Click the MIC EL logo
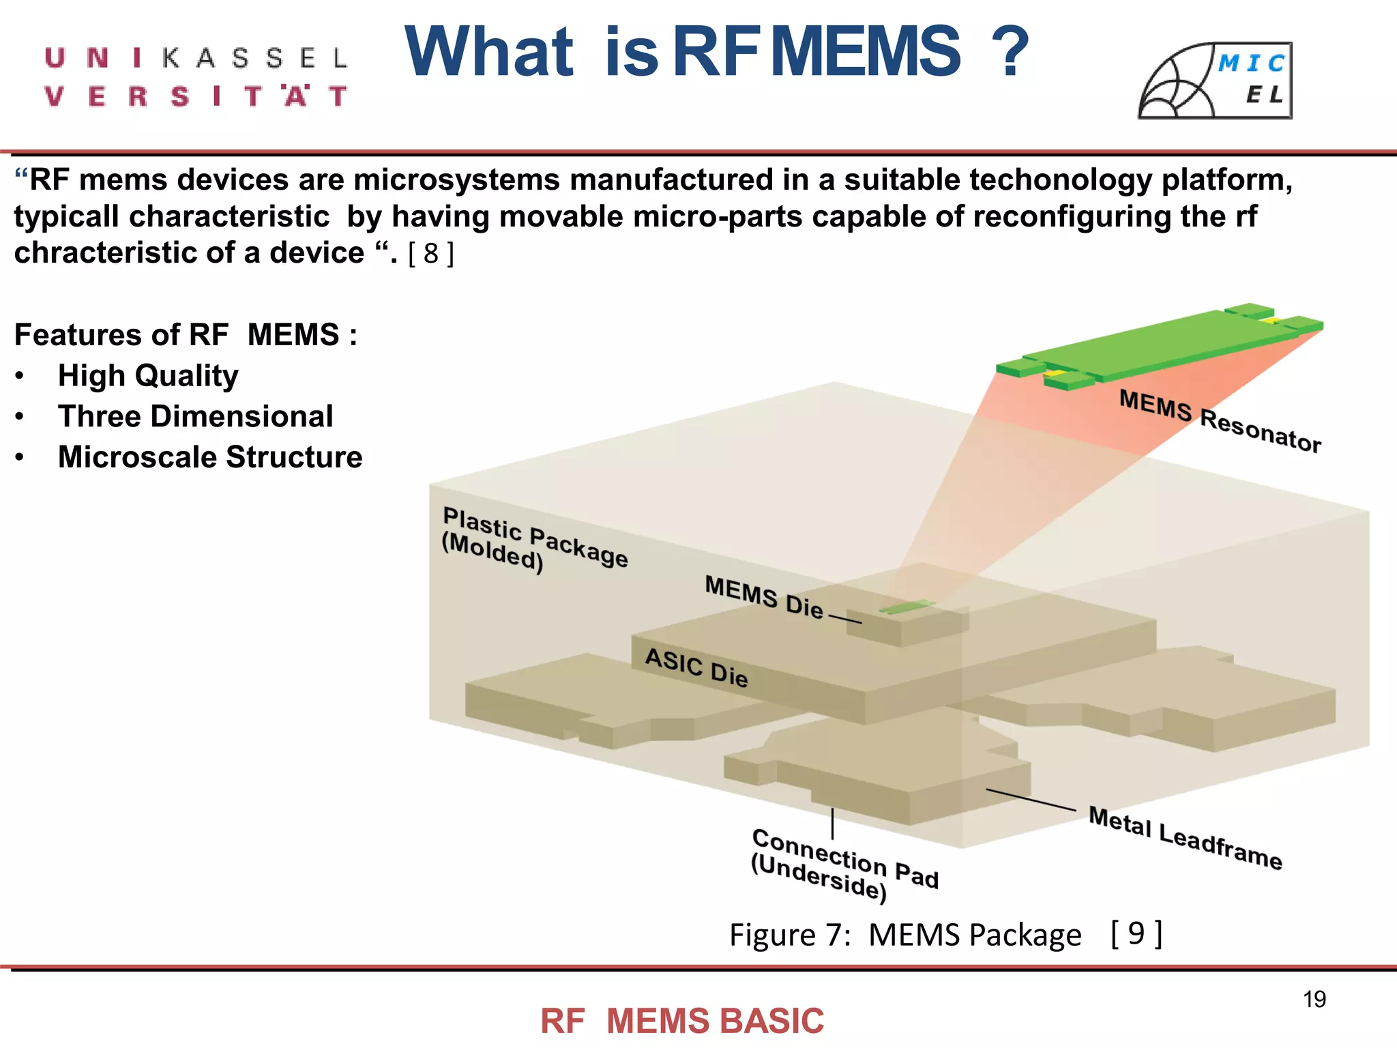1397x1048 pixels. (x=1215, y=81)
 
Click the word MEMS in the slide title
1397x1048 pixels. (x=867, y=51)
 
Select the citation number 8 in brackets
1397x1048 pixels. (x=430, y=254)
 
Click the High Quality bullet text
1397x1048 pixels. (x=148, y=376)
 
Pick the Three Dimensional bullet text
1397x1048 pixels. (x=195, y=417)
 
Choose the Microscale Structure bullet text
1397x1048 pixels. (x=210, y=457)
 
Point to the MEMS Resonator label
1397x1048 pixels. (x=1220, y=421)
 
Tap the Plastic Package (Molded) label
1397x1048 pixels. (x=533, y=540)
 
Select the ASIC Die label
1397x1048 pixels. (x=696, y=667)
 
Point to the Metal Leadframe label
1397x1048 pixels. (x=1185, y=837)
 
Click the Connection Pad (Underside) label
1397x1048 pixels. (x=844, y=864)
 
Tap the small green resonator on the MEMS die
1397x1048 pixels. (x=907, y=606)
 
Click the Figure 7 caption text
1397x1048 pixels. (x=905, y=935)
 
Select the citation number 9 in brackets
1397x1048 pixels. (x=1136, y=933)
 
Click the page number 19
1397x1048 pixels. (x=1314, y=1000)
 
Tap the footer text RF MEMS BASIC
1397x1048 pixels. (x=682, y=1021)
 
